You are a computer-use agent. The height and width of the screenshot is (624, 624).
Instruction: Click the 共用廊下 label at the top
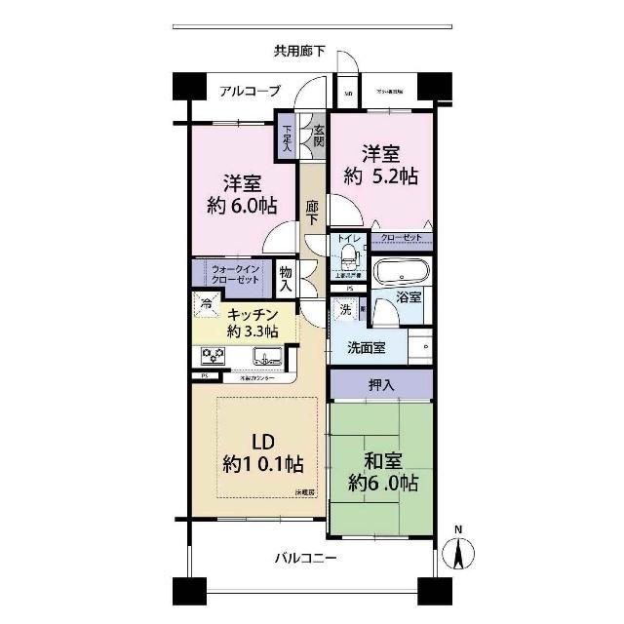[299, 51]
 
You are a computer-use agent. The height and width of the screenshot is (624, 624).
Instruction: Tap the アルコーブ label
[250, 91]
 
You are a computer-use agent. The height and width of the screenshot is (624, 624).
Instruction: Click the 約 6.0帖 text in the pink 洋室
[241, 206]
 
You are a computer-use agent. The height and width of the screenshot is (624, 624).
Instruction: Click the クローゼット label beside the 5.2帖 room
[402, 237]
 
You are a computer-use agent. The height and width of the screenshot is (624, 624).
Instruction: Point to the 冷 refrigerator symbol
[206, 304]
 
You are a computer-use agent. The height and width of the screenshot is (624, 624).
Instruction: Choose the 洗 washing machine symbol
[343, 310]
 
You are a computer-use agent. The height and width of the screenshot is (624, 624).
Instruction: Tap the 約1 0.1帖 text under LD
[261, 464]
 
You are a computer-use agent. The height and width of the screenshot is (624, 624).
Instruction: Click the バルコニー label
[305, 558]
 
